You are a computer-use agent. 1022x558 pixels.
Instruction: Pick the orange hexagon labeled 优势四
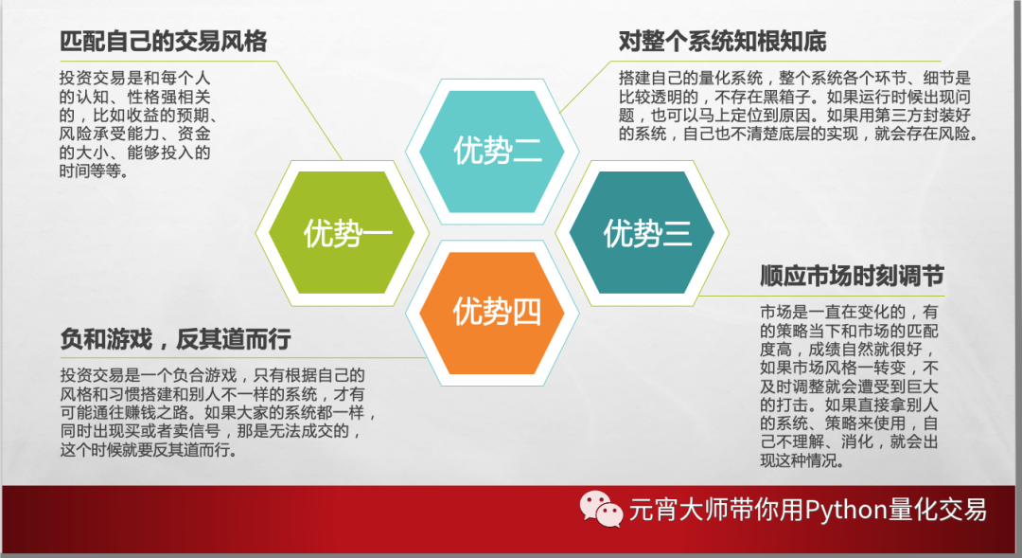(x=492, y=311)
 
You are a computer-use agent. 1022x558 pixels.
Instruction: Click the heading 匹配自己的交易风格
(x=163, y=42)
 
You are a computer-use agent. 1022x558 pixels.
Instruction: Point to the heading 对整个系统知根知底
(x=722, y=42)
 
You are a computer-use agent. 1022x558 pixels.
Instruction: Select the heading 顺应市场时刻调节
(x=852, y=277)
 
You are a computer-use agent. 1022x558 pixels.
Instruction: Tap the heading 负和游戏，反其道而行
(x=174, y=339)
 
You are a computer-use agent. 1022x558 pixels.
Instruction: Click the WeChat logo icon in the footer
(x=602, y=509)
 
